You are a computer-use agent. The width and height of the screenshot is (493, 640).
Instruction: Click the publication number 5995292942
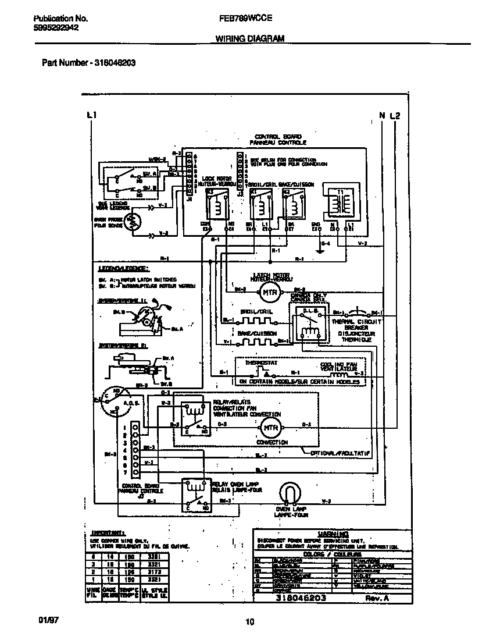click(53, 27)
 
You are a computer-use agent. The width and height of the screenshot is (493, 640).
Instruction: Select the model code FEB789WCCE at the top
click(246, 18)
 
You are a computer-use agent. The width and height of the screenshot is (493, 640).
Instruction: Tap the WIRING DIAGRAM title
click(250, 38)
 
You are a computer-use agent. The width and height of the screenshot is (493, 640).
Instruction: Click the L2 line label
click(395, 115)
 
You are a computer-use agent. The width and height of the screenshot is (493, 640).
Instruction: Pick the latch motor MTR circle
click(268, 291)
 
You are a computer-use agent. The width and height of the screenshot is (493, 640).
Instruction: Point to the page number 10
click(249, 622)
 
